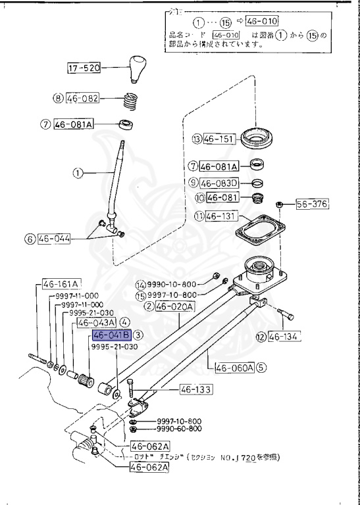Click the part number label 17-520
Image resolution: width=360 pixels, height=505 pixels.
coord(84,68)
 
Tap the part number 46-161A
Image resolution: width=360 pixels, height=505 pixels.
coord(61,284)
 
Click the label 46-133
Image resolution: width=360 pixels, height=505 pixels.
coord(195,390)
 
